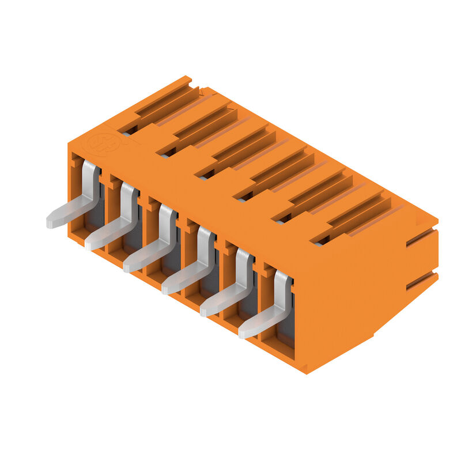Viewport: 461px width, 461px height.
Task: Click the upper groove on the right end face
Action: click(421, 237)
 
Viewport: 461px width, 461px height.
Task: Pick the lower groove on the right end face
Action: click(421, 281)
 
